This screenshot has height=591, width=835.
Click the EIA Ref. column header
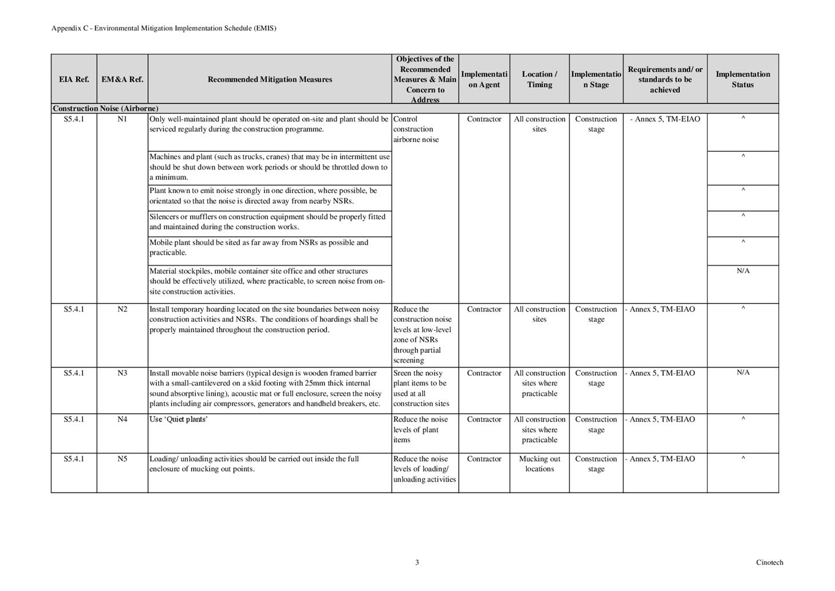coord(74,80)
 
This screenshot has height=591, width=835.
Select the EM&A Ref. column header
coord(122,80)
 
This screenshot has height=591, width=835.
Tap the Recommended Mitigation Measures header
coord(270,80)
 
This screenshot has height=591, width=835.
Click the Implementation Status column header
coord(743,80)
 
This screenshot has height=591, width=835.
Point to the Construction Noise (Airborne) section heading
coord(105,108)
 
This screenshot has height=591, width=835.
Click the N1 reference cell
coord(122,119)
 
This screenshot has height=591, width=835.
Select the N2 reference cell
coord(122,309)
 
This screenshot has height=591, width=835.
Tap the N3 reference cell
coord(122,373)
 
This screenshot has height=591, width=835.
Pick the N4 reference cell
coord(122,419)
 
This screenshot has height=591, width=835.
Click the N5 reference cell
coord(122,459)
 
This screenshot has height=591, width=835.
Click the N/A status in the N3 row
coord(743,373)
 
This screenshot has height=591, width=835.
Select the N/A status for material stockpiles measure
coord(743,271)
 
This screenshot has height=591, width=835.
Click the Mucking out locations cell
coord(539,464)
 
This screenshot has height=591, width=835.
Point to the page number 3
coord(417,562)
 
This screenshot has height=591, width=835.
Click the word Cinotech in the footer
coord(769,562)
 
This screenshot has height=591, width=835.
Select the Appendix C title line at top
coord(164,28)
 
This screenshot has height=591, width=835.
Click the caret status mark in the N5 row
coord(743,458)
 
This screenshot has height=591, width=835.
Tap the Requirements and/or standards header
coord(665,80)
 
